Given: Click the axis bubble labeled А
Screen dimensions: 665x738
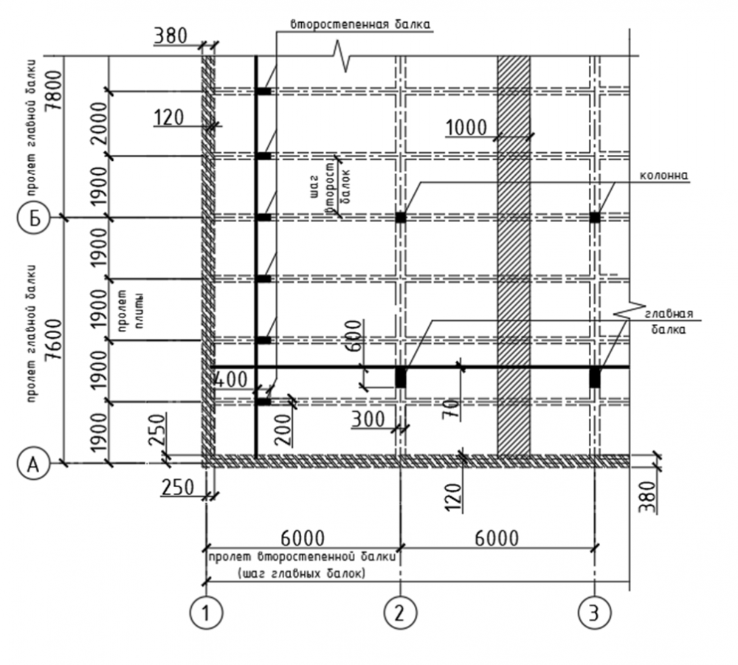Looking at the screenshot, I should [31, 464].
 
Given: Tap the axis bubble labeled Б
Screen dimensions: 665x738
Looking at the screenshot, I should [31, 218].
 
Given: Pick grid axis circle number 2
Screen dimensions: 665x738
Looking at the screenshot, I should [401, 612].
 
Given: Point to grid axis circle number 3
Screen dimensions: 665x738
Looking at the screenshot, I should [595, 612].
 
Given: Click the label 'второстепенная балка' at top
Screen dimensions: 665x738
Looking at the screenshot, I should [359, 23].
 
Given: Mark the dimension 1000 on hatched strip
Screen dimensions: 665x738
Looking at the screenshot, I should [466, 128].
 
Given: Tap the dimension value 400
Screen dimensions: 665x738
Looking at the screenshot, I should [230, 381].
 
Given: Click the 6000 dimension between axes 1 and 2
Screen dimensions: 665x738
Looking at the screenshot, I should [303, 537].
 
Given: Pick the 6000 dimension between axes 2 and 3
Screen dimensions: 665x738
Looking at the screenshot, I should [495, 537].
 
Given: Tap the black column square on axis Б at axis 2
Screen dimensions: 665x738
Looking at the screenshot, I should [400, 217].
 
